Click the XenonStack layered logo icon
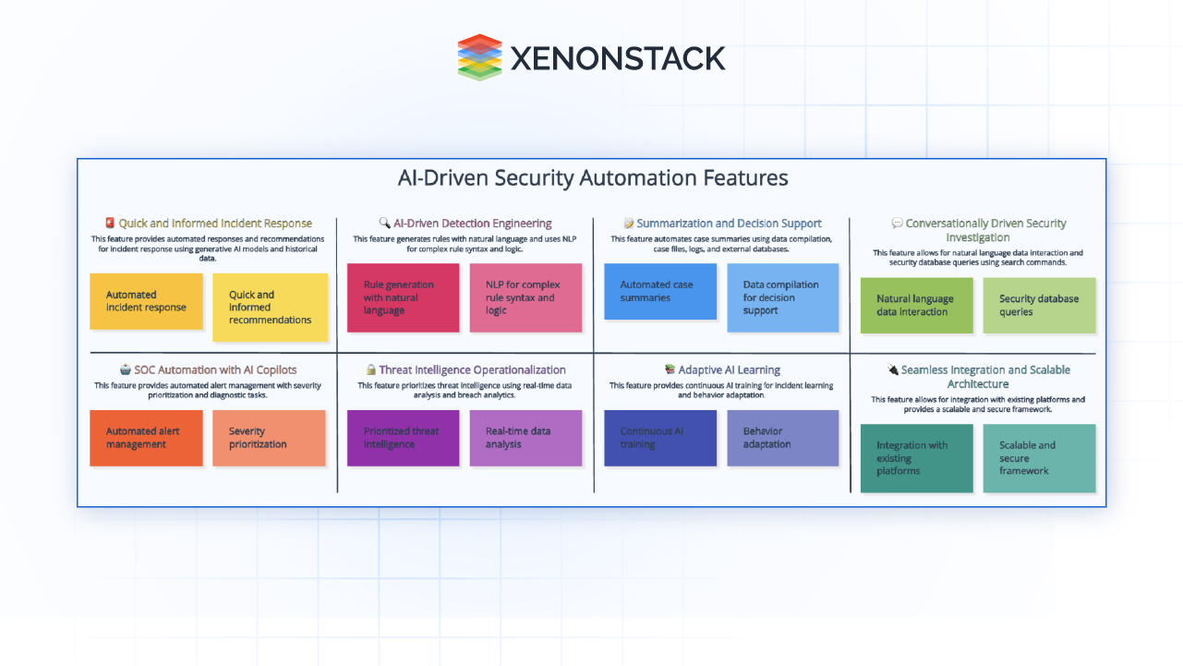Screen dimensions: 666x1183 click(479, 57)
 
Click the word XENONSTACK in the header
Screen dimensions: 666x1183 click(617, 58)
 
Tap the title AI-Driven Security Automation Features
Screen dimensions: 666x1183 click(592, 177)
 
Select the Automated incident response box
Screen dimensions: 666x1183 click(146, 301)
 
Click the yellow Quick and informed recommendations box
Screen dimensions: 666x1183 click(270, 307)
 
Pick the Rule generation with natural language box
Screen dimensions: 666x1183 click(403, 297)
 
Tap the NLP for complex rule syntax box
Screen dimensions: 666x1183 click(525, 297)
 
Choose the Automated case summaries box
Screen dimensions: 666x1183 click(659, 291)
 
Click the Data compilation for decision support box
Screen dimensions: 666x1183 click(782, 297)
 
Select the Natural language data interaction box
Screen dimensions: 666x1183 click(916, 305)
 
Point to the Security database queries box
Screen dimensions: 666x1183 click(1039, 305)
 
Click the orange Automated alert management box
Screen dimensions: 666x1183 click(146, 438)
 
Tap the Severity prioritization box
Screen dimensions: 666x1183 click(270, 438)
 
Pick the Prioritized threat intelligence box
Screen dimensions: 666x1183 click(403, 438)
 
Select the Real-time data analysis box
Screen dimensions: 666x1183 click(525, 438)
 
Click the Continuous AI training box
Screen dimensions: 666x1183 click(659, 438)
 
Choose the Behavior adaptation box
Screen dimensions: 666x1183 click(782, 438)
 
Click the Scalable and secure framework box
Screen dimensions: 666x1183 click(1039, 458)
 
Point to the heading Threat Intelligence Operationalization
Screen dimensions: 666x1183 click(471, 369)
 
